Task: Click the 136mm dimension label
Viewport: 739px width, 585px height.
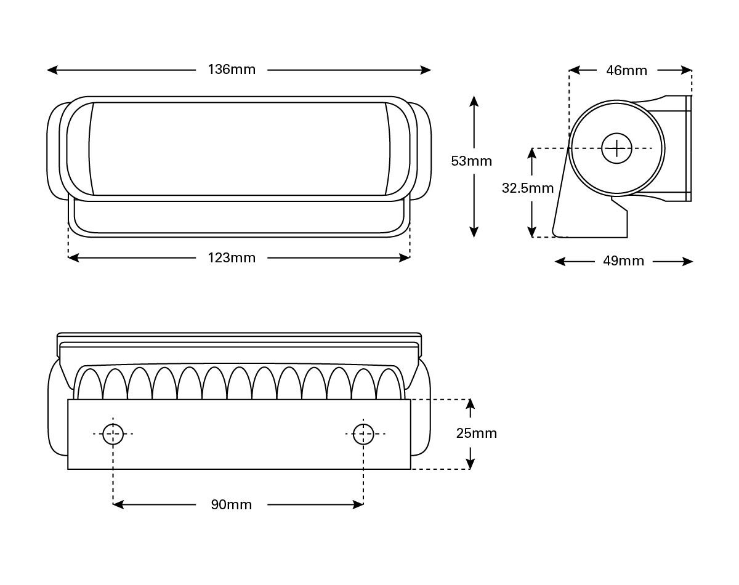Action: pyautogui.click(x=232, y=70)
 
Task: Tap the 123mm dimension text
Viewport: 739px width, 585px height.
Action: pyautogui.click(x=232, y=258)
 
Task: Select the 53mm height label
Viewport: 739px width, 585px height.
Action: pyautogui.click(x=472, y=161)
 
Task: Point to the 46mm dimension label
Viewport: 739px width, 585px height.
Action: pyautogui.click(x=626, y=70)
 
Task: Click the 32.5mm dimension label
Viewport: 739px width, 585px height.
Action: pyautogui.click(x=528, y=188)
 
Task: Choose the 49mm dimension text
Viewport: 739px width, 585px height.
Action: pyautogui.click(x=623, y=261)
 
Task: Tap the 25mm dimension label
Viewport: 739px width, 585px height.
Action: pyautogui.click(x=476, y=434)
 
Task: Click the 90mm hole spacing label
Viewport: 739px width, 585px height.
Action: pyautogui.click(x=232, y=505)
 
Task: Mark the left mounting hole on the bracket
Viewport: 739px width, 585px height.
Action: pyautogui.click(x=113, y=434)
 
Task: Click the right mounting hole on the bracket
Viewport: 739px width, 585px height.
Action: pyautogui.click(x=363, y=434)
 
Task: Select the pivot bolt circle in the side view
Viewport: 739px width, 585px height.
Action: pyautogui.click(x=616, y=148)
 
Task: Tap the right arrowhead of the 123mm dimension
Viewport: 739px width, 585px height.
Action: pyautogui.click(x=405, y=258)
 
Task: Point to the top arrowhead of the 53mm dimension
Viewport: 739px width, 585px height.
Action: pyautogui.click(x=474, y=100)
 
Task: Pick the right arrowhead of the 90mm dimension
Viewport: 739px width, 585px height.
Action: pyautogui.click(x=359, y=505)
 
